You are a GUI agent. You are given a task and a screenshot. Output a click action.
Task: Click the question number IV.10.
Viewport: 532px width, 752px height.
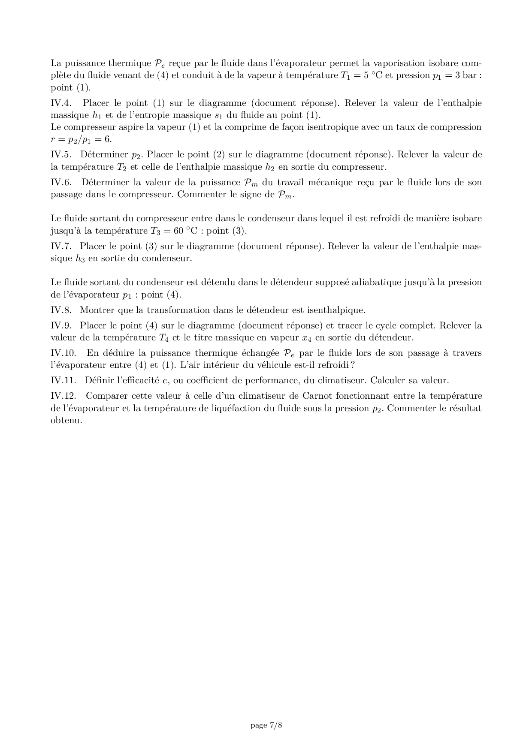tap(63, 353)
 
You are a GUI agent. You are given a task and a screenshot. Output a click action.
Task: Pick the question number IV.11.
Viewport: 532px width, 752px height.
tap(63, 381)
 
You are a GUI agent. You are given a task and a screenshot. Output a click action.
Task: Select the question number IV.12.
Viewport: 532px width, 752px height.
tap(63, 396)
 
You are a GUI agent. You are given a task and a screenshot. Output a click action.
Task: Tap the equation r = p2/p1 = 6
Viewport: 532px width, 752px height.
tap(81, 140)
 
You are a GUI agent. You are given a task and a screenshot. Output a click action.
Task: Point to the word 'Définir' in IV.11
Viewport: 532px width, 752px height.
tap(99, 381)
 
